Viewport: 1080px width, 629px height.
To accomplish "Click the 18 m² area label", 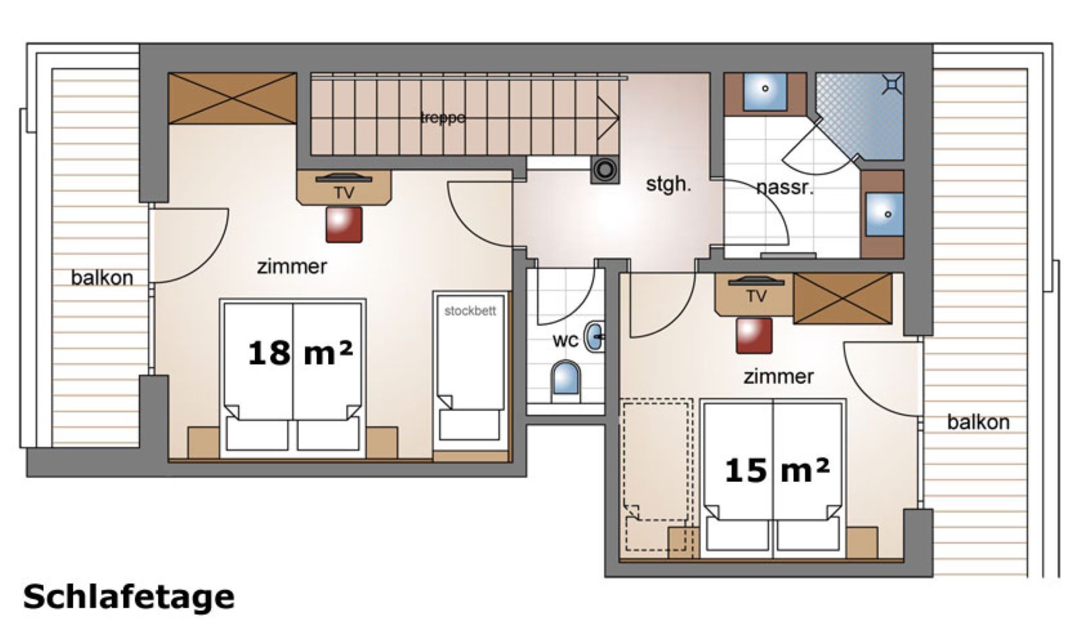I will click(300, 352).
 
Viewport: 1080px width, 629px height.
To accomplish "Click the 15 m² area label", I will click(776, 470).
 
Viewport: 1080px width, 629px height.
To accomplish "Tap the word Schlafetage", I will click(129, 597).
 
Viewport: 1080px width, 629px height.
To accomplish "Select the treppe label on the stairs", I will click(443, 117).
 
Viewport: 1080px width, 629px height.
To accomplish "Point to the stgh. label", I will click(668, 184).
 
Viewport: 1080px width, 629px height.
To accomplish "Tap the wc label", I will click(565, 340).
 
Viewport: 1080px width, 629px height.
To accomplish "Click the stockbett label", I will click(470, 311).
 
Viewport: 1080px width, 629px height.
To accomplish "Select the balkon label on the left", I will click(102, 277).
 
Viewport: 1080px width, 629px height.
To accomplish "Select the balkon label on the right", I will click(978, 422).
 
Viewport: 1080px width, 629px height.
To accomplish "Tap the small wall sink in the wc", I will click(594, 336).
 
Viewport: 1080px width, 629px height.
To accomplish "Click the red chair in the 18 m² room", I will click(344, 225).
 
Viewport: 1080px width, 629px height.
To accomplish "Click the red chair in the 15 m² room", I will click(754, 335).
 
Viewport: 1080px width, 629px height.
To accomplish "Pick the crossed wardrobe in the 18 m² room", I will click(232, 99).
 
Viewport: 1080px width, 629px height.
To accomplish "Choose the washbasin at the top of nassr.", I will click(765, 91).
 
